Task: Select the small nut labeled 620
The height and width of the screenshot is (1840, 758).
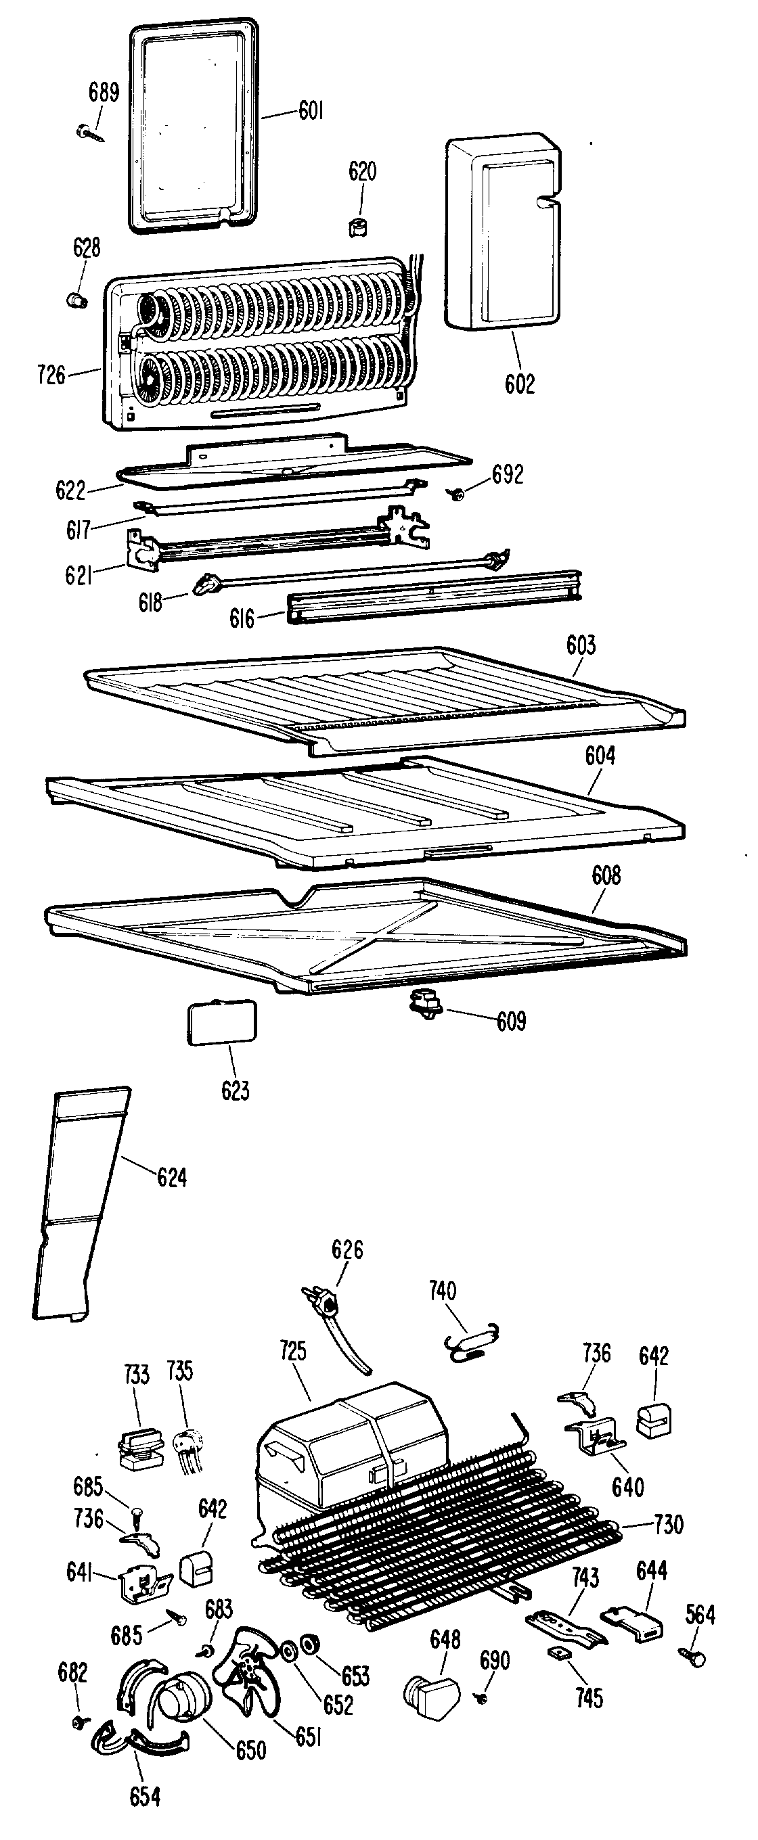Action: pos(359,227)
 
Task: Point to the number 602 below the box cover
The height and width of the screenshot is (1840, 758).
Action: pos(519,384)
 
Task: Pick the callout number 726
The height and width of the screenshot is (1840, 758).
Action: pos(51,374)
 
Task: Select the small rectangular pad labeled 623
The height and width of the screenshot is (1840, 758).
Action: pos(221,1022)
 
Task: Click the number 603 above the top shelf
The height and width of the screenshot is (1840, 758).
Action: pos(581,645)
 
